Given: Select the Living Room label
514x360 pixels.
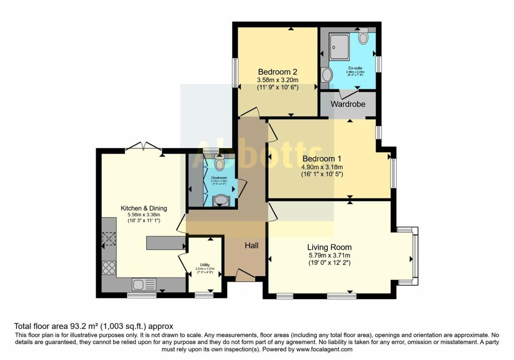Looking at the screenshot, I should tap(329, 247).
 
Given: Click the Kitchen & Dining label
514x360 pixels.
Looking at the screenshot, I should tap(144, 208).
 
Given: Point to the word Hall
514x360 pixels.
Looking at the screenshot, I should tap(251, 246).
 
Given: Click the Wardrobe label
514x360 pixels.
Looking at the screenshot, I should tap(347, 104).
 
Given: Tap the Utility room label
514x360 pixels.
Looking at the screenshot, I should tap(204, 265).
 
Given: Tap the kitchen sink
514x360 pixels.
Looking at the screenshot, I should tap(144, 284).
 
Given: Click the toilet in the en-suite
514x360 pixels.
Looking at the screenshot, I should tap(363, 38).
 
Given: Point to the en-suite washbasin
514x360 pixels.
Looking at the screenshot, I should tap(327, 75).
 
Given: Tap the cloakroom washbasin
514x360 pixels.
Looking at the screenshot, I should tap(220, 201).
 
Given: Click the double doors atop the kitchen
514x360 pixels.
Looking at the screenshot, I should tap(144, 147).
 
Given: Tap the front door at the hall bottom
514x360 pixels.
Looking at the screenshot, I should tap(244, 275).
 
